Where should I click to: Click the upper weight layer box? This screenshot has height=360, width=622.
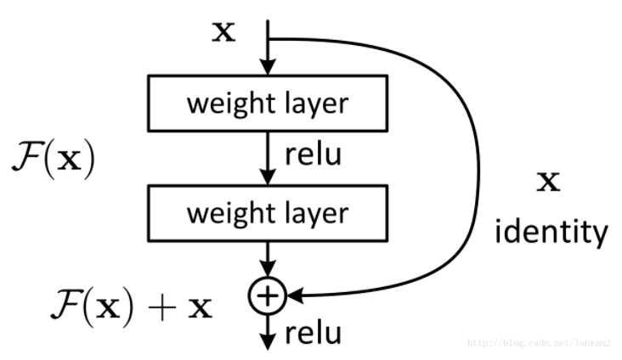(268, 104)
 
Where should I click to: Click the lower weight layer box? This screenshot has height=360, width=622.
(268, 212)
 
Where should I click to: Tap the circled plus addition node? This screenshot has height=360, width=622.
(268, 295)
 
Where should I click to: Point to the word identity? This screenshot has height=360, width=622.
(552, 231)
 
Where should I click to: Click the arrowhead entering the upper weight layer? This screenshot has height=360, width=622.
(268, 68)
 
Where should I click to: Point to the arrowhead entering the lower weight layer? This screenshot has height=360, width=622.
(268, 176)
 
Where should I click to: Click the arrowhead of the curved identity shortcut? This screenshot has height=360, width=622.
(293, 295)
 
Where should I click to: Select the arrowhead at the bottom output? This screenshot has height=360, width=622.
(268, 340)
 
